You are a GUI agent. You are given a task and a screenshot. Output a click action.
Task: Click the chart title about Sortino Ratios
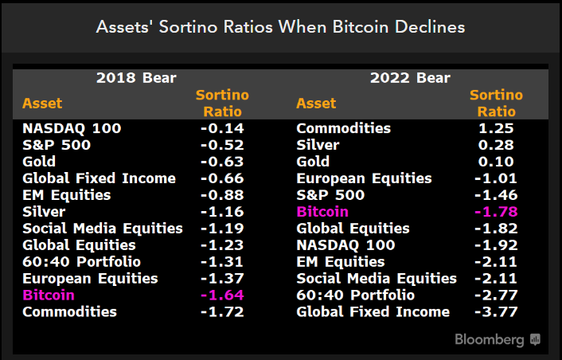[x=280, y=26]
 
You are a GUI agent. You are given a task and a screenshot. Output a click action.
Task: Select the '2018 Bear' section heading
[x=136, y=78]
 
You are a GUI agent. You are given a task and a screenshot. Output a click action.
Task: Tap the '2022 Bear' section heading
[x=410, y=78]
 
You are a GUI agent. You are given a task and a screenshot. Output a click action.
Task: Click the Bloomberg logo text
[x=490, y=339]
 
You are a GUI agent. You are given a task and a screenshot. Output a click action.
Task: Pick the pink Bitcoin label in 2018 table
[x=49, y=295]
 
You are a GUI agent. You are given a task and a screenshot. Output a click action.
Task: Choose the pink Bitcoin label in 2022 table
[x=322, y=212]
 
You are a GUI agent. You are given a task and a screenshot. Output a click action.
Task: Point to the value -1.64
[x=222, y=295]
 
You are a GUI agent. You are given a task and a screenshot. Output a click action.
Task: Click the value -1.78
[x=496, y=212]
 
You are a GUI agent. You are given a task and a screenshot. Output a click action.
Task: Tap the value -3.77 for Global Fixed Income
[x=496, y=312]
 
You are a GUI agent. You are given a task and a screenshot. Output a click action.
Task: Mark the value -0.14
[x=222, y=128]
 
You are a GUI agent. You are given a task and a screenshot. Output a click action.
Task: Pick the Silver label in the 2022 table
[x=318, y=145]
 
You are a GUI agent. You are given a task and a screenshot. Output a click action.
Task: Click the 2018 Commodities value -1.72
[x=222, y=312]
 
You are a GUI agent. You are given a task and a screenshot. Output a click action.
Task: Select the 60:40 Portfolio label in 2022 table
[x=355, y=295]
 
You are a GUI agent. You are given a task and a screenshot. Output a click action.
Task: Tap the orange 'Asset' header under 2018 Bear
[x=42, y=104]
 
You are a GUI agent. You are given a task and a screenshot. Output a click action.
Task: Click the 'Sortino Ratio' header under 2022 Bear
[x=496, y=104]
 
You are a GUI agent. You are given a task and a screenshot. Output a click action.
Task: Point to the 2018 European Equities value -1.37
[x=222, y=279]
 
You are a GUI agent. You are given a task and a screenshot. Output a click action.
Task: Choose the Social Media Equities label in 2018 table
[x=103, y=229]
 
